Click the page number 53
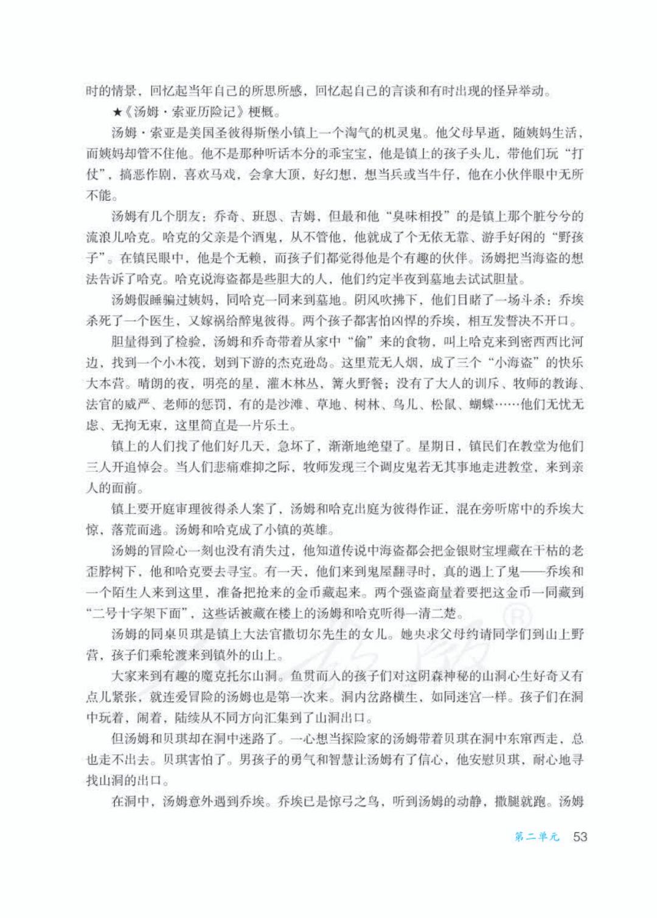click(580, 836)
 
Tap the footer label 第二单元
click(536, 837)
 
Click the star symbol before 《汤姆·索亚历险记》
click(116, 113)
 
